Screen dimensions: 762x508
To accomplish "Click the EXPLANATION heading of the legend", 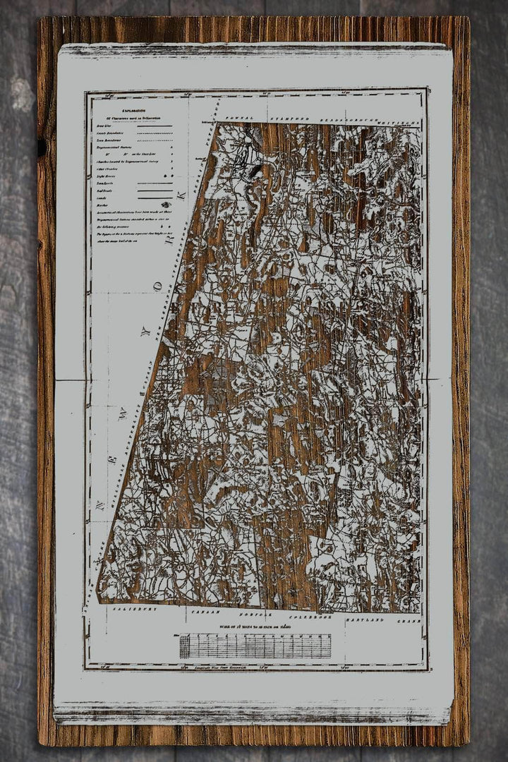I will [x=133, y=111].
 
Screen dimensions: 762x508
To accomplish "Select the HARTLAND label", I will [x=365, y=619].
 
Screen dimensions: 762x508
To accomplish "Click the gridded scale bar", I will [x=255, y=646].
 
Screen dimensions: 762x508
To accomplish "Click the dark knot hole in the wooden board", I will [x=42, y=147].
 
